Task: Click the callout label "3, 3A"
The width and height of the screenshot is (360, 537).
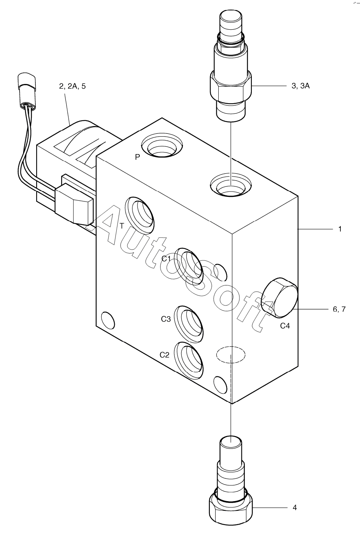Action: coord(300,86)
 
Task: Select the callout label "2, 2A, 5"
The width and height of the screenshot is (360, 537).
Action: coord(72,86)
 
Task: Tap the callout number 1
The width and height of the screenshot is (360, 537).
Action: coord(340,229)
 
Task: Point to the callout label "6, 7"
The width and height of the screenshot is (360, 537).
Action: coord(339,309)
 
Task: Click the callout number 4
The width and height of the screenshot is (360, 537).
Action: coord(295,507)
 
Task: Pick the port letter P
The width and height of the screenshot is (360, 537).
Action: coord(137,157)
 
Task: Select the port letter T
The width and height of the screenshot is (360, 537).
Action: coord(122,226)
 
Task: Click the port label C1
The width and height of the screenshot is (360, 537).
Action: coord(166,258)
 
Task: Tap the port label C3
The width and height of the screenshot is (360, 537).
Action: coord(166,319)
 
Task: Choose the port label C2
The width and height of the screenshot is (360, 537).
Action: coord(164,355)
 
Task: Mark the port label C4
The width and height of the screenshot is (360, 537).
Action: coord(285,326)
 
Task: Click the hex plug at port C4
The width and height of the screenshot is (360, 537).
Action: coord(279,298)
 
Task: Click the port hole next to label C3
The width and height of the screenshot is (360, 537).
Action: coord(189,324)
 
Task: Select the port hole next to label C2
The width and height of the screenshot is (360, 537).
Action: coord(189,360)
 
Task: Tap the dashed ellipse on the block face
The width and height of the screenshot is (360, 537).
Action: coord(231,354)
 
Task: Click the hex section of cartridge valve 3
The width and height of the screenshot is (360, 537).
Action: coord(230,87)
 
